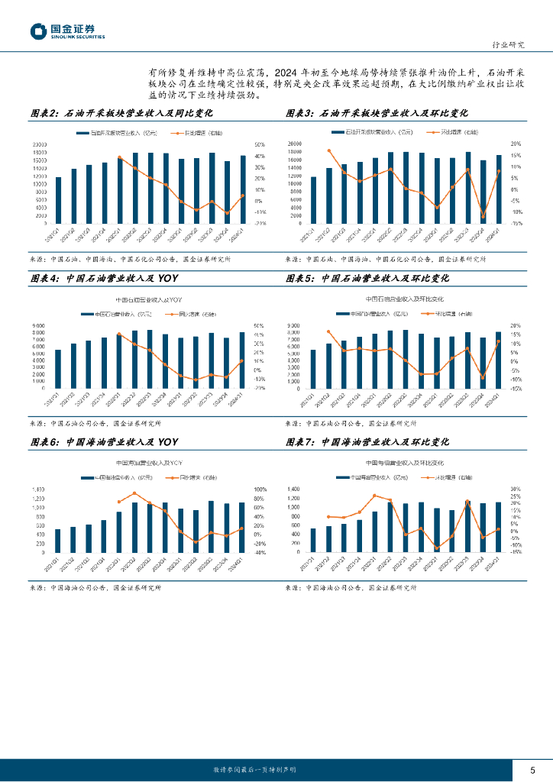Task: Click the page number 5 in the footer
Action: pyautogui.click(x=532, y=768)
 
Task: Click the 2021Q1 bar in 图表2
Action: pyautogui.click(x=58, y=200)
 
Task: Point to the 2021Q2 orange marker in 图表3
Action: pyautogui.click(x=329, y=151)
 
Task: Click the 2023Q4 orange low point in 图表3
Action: pyautogui.click(x=483, y=217)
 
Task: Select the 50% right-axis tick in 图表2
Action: pyautogui.click(x=260, y=145)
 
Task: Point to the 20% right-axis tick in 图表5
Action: pyautogui.click(x=516, y=326)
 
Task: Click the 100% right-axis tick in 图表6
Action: pyautogui.click(x=260, y=490)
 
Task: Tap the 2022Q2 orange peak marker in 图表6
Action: pyautogui.click(x=134, y=493)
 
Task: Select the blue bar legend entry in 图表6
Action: pyautogui.click(x=115, y=477)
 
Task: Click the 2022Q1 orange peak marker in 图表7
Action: pyautogui.click(x=374, y=496)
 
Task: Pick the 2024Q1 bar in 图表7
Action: pyautogui.click(x=498, y=527)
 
